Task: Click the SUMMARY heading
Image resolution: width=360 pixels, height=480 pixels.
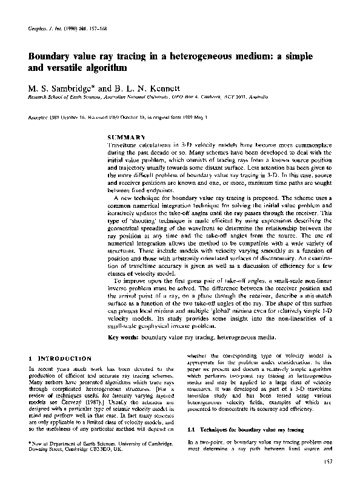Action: pyautogui.click(x=126, y=138)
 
